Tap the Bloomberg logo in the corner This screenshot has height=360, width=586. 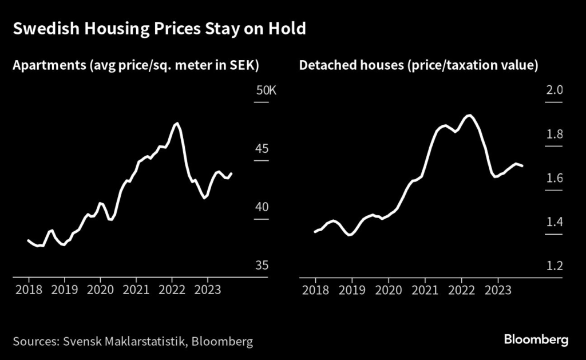(536, 340)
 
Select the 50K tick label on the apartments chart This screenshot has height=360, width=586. (265, 91)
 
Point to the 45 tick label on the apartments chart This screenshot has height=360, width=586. (261, 149)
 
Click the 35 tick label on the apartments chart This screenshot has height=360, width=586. (261, 266)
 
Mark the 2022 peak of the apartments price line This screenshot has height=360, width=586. (177, 123)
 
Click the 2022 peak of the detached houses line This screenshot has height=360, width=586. (470, 116)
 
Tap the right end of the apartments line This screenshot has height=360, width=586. (231, 173)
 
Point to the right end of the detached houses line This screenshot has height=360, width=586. (522, 166)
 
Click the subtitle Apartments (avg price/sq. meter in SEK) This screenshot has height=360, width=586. (136, 66)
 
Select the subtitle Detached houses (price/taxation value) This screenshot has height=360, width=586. (418, 66)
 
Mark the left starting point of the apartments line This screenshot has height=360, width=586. (28, 240)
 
